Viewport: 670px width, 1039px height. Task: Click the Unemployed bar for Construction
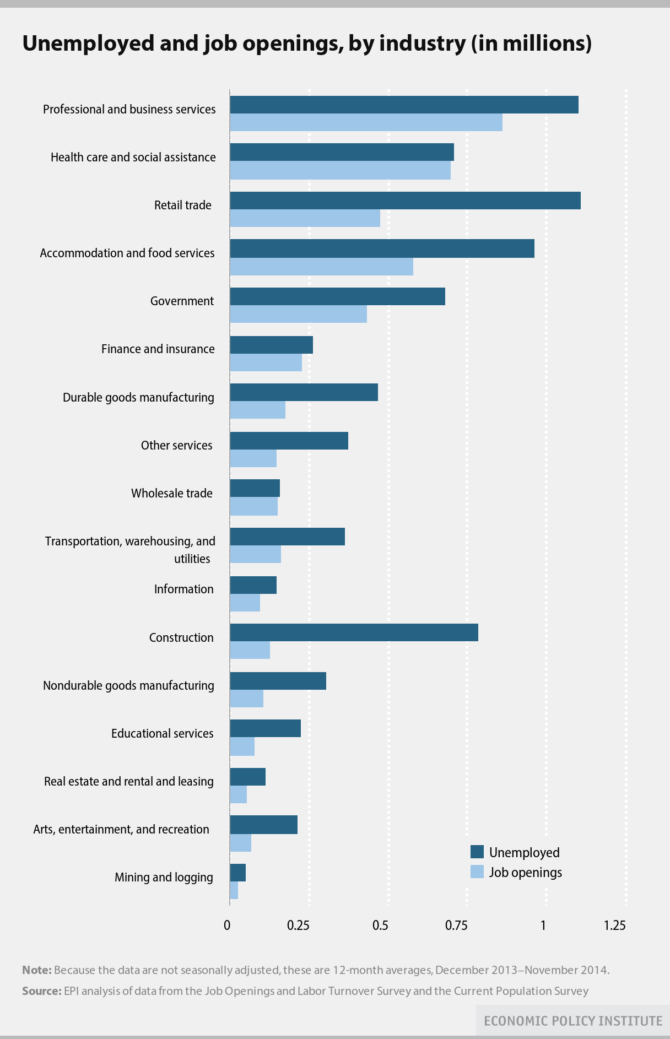[x=354, y=632]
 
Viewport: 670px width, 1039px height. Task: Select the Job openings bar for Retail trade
[x=305, y=218]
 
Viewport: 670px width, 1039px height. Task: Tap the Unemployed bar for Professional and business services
[x=404, y=105]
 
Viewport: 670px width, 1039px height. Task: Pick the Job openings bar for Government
[x=298, y=314]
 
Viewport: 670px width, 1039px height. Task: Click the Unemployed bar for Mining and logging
[x=237, y=873]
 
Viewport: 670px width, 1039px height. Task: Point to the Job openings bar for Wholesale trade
[x=253, y=506]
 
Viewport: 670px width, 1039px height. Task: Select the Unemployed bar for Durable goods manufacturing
[x=304, y=392]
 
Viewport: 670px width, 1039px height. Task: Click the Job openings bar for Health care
[x=340, y=170]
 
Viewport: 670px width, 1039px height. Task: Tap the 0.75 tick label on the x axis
[x=457, y=926]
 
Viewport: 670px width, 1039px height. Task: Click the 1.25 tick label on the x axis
[x=614, y=926]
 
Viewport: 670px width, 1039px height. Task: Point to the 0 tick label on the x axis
[x=227, y=926]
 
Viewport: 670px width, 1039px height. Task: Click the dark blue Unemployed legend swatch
[x=477, y=852]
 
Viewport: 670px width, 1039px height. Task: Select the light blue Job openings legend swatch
[x=477, y=872]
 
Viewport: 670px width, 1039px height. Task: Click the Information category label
[x=183, y=589]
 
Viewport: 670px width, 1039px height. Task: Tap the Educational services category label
[x=162, y=733]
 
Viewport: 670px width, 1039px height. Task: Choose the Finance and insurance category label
[x=158, y=349]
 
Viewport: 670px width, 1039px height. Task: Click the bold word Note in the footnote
[x=36, y=970]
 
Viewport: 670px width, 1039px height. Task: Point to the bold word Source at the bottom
[x=41, y=991]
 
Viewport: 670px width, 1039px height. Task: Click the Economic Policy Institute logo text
[x=573, y=1021]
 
